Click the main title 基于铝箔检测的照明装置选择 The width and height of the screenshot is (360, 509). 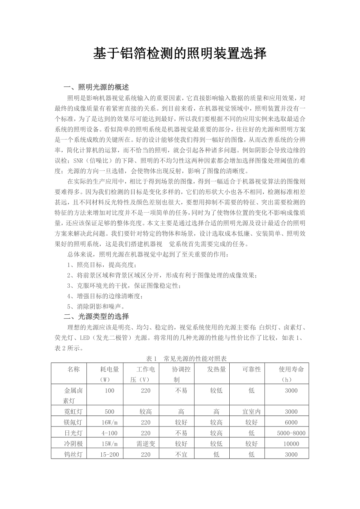(180, 54)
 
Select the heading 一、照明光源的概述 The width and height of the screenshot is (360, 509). (96, 87)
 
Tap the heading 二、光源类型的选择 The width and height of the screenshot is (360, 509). (96, 316)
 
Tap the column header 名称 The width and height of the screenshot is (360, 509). (73, 369)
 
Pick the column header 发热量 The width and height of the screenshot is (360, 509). (216, 369)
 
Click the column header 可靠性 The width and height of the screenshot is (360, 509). (252, 369)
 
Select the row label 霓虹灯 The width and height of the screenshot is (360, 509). (73, 411)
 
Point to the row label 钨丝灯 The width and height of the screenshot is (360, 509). (73, 454)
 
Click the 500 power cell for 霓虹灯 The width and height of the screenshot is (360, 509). (110, 411)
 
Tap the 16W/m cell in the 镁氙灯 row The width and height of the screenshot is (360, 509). (110, 422)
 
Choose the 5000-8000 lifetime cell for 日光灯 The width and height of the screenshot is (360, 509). (291, 433)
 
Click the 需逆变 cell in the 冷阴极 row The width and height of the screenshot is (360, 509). (146, 444)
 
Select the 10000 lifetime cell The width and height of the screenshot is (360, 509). (291, 444)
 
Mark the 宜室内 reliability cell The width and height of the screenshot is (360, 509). (252, 411)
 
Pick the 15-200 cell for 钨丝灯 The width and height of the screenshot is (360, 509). (110, 454)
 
